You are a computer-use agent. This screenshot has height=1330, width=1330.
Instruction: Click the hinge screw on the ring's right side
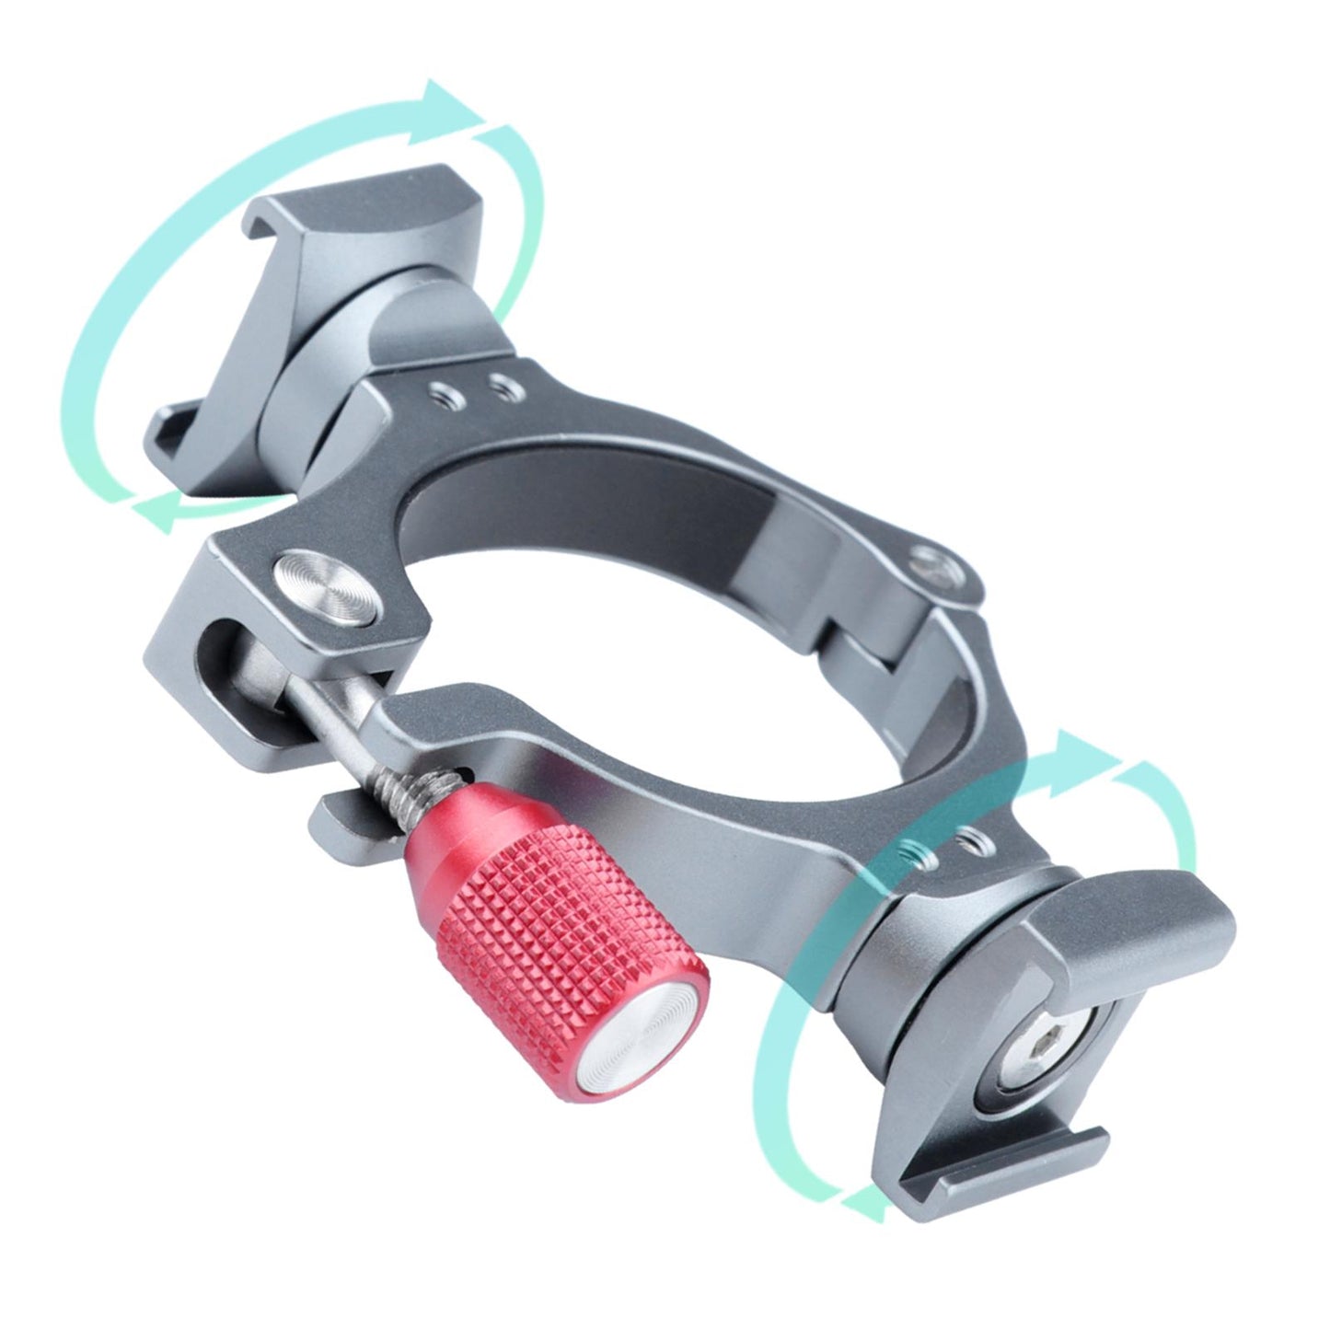[934, 562]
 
